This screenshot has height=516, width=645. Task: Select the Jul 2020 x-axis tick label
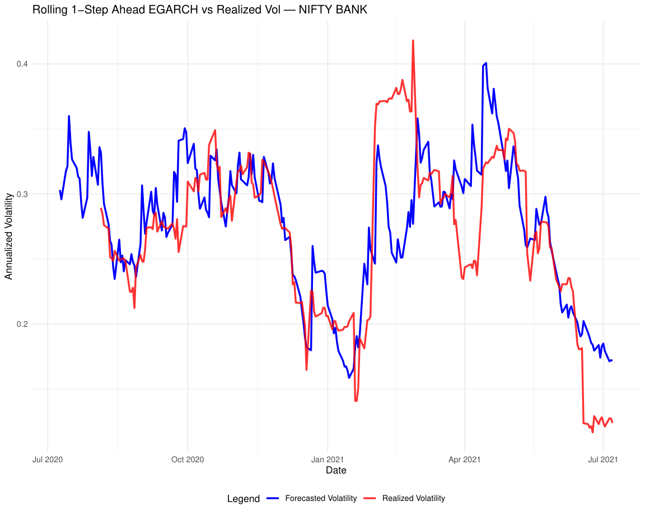tap(48, 459)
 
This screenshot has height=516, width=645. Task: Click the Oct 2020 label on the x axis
tap(188, 459)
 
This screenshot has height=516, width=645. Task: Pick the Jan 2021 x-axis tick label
tap(327, 459)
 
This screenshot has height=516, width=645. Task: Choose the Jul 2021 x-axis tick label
tap(603, 459)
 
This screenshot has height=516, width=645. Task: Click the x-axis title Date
tap(336, 471)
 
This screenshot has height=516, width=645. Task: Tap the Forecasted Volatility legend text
tap(320, 498)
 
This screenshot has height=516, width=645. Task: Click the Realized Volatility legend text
tap(413, 498)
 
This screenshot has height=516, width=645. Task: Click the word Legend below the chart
tap(243, 498)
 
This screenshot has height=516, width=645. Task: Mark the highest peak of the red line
tap(413, 40)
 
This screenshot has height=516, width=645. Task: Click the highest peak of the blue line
tap(486, 63)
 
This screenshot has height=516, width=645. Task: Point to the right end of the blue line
tap(612, 360)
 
